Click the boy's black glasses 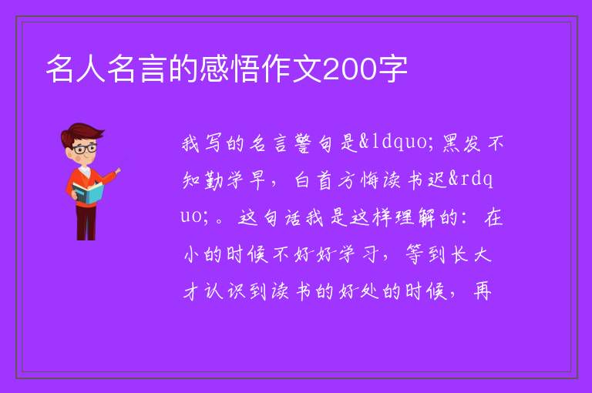click(85, 148)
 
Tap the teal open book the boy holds click(88, 193)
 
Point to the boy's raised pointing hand click(117, 171)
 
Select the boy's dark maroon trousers click(86, 222)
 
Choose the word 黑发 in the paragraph click(462, 143)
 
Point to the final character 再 click(482, 291)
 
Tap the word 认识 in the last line click(225, 291)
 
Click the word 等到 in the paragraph click(425, 254)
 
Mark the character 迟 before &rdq click(438, 180)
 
